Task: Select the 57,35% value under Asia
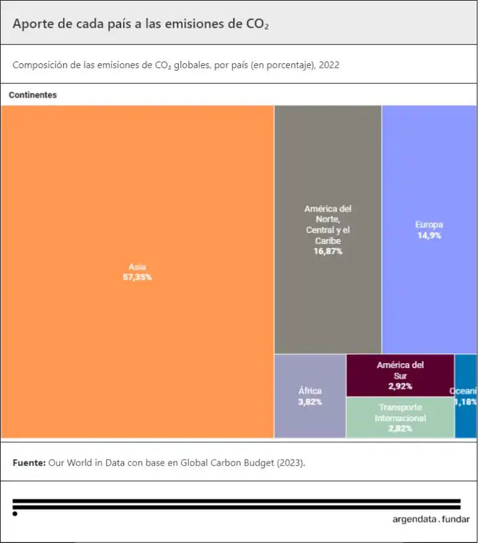point(137,278)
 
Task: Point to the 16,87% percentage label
point(327,252)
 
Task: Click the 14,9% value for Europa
point(429,236)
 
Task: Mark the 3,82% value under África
point(310,402)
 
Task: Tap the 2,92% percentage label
point(400,387)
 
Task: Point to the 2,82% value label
point(400,429)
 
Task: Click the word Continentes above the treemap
point(33,95)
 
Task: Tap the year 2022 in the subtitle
point(329,65)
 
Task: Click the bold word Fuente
point(28,463)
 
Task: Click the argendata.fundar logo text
point(430,519)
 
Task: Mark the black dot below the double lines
point(15,514)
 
